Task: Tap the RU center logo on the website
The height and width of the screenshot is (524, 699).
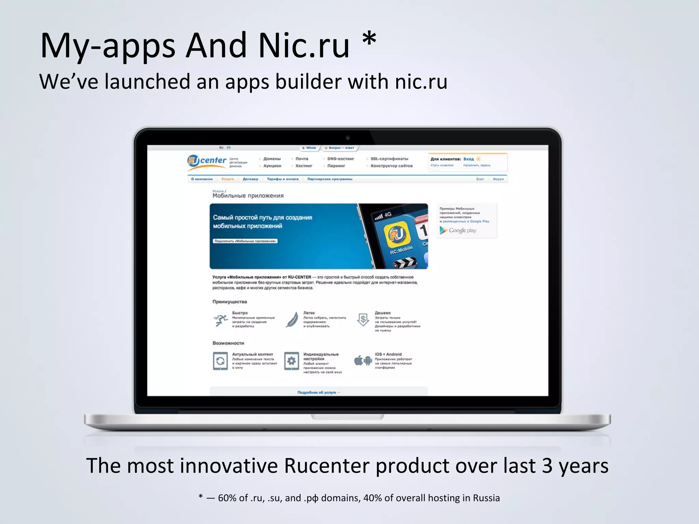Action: pyautogui.click(x=207, y=161)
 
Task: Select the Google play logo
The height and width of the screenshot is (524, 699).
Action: pyautogui.click(x=458, y=231)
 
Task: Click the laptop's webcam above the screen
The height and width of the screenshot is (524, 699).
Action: pyautogui.click(x=347, y=138)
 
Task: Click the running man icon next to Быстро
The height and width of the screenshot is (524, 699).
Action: pyautogui.click(x=220, y=320)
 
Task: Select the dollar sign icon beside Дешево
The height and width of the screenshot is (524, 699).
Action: pyautogui.click(x=363, y=320)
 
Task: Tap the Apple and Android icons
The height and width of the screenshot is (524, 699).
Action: pyautogui.click(x=363, y=360)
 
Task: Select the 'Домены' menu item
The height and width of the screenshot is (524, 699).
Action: pyautogui.click(x=272, y=159)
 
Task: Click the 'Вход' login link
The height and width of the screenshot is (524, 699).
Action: pyautogui.click(x=468, y=159)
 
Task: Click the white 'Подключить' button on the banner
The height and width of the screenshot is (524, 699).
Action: pyautogui.click(x=245, y=241)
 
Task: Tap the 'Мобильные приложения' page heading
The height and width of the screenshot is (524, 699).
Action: pyautogui.click(x=248, y=196)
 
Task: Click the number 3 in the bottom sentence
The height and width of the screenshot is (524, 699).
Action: pyautogui.click(x=547, y=466)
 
